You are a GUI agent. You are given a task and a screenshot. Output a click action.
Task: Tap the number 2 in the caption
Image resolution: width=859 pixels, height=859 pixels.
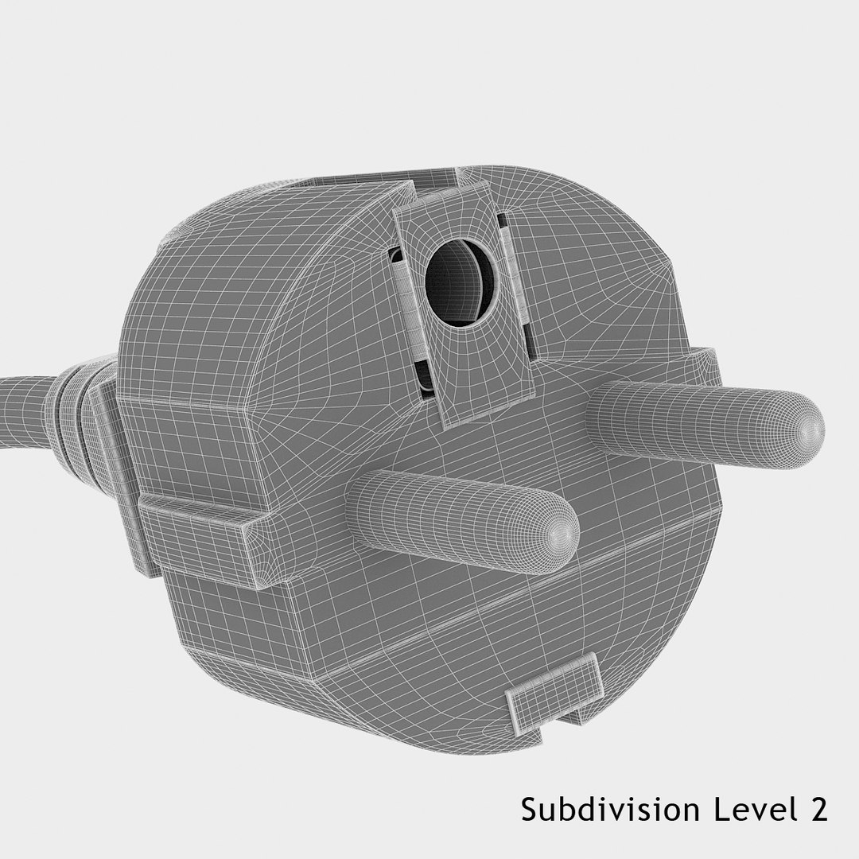[x=817, y=810]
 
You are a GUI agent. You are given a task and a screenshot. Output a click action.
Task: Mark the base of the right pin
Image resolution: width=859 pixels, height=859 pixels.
[x=604, y=410]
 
